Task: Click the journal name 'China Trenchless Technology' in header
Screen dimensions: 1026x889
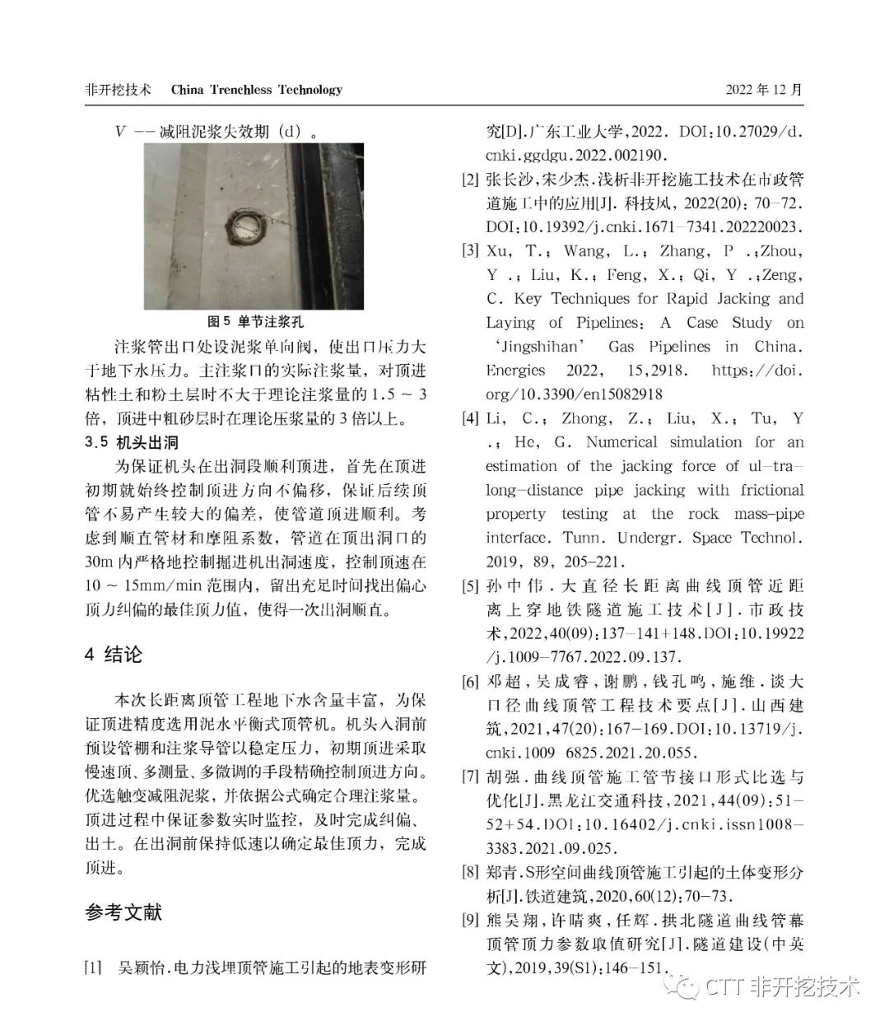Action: (x=256, y=90)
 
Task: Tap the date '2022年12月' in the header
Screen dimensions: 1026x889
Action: (x=763, y=90)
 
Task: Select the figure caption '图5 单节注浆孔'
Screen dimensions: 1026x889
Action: (x=255, y=321)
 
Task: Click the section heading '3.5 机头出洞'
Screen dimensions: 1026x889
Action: (x=132, y=443)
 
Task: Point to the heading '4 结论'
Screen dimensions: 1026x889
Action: (x=114, y=655)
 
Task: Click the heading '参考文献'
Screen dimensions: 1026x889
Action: (x=124, y=912)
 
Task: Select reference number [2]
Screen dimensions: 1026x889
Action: (x=470, y=179)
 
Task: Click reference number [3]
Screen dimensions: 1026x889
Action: (x=470, y=250)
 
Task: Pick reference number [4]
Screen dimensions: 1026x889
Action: (x=470, y=418)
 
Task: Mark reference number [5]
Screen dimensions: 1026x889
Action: (x=470, y=586)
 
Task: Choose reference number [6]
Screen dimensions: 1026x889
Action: (x=470, y=682)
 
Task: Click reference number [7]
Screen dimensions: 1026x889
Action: (x=470, y=777)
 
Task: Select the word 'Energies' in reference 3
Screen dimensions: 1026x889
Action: (x=515, y=371)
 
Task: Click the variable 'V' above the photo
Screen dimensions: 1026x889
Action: (x=120, y=131)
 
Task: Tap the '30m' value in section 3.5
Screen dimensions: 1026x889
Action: (x=100, y=563)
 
